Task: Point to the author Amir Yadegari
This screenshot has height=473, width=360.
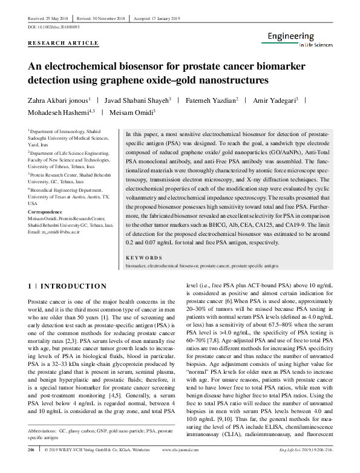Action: click(x=275, y=100)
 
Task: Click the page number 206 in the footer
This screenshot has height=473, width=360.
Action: click(x=31, y=467)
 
